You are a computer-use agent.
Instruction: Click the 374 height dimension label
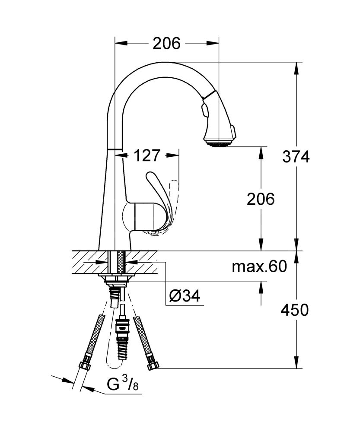pyautogui.click(x=296, y=157)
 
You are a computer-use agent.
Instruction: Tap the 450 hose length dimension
pyautogui.click(x=294, y=310)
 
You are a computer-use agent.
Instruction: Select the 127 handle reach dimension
pyautogui.click(x=147, y=156)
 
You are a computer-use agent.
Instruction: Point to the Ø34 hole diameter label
pyautogui.click(x=185, y=296)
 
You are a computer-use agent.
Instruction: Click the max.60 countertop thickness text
pyautogui.click(x=259, y=267)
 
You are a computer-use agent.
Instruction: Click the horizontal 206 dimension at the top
pyautogui.click(x=166, y=43)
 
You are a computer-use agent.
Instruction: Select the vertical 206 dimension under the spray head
pyautogui.click(x=261, y=199)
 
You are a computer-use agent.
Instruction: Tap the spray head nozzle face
pyautogui.click(x=219, y=143)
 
